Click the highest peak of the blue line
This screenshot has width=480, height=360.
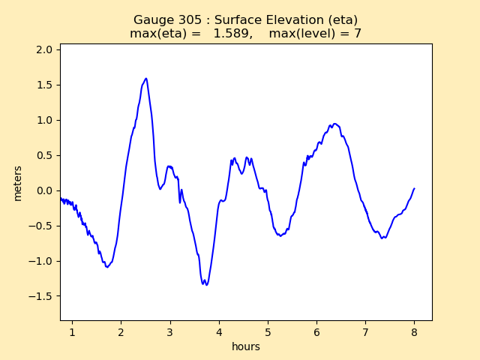click(x=145, y=78)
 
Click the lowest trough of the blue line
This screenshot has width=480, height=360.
click(x=205, y=285)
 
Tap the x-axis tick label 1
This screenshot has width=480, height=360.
click(x=72, y=332)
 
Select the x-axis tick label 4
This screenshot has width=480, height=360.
click(x=219, y=332)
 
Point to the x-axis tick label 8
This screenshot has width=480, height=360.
click(x=414, y=332)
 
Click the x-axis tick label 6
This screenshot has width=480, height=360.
click(x=316, y=332)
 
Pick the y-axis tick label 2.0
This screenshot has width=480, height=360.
click(x=44, y=49)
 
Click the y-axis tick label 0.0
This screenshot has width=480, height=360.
click(x=44, y=190)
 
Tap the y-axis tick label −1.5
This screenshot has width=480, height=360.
click(x=41, y=296)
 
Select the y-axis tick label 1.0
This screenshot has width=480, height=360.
click(x=44, y=120)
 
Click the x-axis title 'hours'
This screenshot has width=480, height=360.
click(x=246, y=346)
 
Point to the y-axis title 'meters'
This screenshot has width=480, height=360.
click(x=18, y=183)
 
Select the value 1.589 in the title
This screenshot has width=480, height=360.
click(x=232, y=34)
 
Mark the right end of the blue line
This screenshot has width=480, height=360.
click(x=414, y=189)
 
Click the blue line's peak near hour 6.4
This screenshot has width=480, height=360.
click(x=334, y=124)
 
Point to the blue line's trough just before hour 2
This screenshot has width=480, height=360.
click(x=108, y=267)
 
